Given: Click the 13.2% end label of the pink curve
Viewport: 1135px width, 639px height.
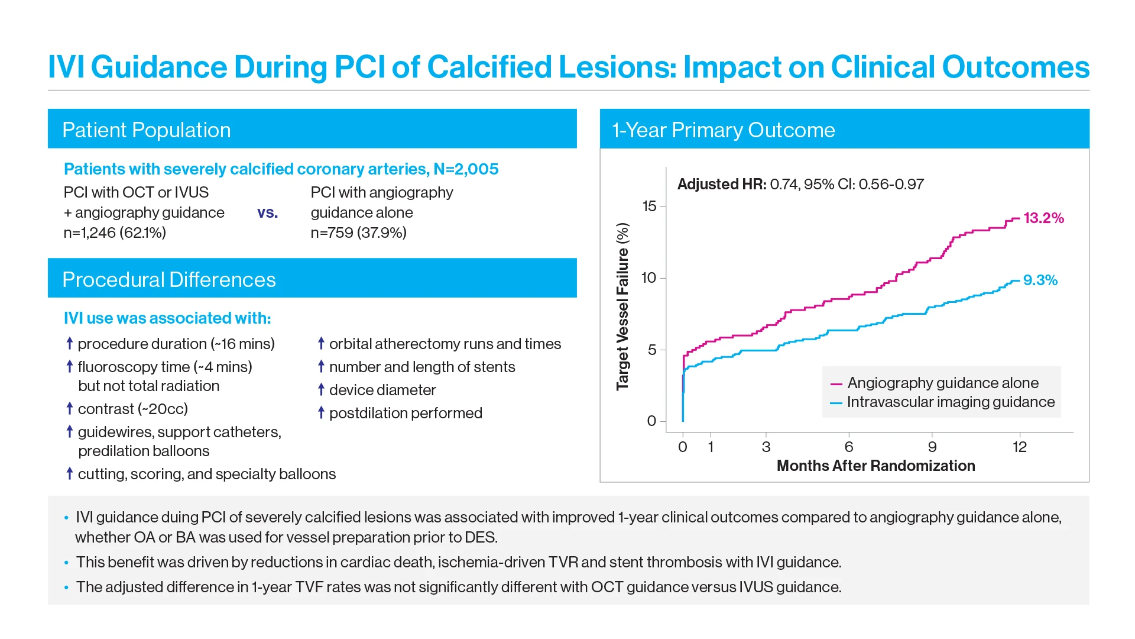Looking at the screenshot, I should [x=1043, y=218].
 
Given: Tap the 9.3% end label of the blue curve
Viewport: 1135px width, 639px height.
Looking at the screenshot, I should [x=1040, y=280].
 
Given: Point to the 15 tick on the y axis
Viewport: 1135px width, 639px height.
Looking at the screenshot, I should [x=649, y=206].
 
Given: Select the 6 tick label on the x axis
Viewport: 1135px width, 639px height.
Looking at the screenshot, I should [x=849, y=447].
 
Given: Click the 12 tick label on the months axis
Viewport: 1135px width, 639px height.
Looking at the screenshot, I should [x=1019, y=447].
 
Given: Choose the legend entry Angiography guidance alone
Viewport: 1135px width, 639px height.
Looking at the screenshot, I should [x=942, y=383].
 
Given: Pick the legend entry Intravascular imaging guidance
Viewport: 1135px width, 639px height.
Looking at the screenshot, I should [x=950, y=402].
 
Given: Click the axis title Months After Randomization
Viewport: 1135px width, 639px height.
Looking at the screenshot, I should [x=875, y=466].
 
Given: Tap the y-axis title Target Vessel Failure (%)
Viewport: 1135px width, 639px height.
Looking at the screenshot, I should [x=622, y=306].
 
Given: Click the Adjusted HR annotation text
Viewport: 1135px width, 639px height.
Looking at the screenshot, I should [x=800, y=185].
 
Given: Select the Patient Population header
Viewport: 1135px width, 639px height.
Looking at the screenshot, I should [x=147, y=130].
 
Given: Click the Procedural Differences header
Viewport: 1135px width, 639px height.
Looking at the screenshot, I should [x=169, y=280].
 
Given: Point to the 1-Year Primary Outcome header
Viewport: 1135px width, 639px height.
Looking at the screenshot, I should [x=724, y=130].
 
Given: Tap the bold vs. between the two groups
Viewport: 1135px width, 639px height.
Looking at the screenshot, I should [x=267, y=213].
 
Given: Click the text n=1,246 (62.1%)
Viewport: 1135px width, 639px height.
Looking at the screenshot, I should [x=115, y=233].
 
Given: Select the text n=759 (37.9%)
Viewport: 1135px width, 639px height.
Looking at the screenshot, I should [x=358, y=233].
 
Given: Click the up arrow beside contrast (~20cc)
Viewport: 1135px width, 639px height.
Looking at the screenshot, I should [x=70, y=408].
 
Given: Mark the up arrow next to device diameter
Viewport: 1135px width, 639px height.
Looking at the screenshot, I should [x=321, y=389].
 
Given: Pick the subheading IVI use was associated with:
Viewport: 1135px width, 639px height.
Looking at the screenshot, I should [x=167, y=318].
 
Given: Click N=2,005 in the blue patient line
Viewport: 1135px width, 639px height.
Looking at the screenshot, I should [x=466, y=169].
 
